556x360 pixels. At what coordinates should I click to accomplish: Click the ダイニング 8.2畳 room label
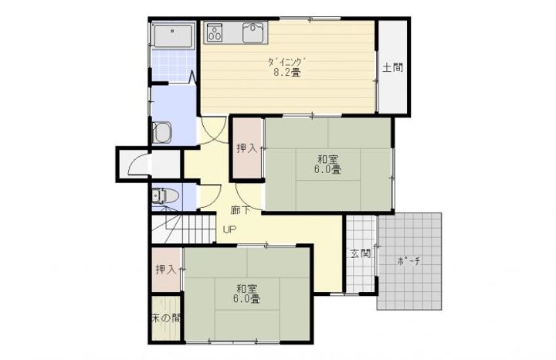(x=286, y=67)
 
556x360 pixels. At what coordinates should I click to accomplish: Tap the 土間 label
(x=393, y=67)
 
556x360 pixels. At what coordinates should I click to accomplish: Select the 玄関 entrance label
(x=361, y=253)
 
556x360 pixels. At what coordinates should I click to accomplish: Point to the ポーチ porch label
(x=409, y=262)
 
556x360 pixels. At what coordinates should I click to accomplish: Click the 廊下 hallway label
(x=241, y=210)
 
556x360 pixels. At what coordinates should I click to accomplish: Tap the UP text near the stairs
(x=229, y=229)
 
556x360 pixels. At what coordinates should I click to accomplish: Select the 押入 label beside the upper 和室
(x=247, y=148)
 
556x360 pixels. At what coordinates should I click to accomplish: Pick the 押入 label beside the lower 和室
(x=166, y=270)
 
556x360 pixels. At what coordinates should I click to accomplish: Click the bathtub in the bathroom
(x=173, y=35)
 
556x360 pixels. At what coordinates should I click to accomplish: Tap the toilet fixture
(x=165, y=195)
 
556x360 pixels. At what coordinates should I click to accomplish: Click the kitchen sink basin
(x=254, y=32)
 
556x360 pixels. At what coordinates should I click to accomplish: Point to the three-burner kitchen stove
(x=215, y=32)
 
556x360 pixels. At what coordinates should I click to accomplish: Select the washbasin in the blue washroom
(x=162, y=133)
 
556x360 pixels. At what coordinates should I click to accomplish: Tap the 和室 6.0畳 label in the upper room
(x=327, y=164)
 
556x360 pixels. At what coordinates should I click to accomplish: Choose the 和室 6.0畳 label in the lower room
(x=246, y=294)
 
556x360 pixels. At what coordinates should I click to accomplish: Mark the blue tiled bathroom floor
(x=173, y=66)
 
